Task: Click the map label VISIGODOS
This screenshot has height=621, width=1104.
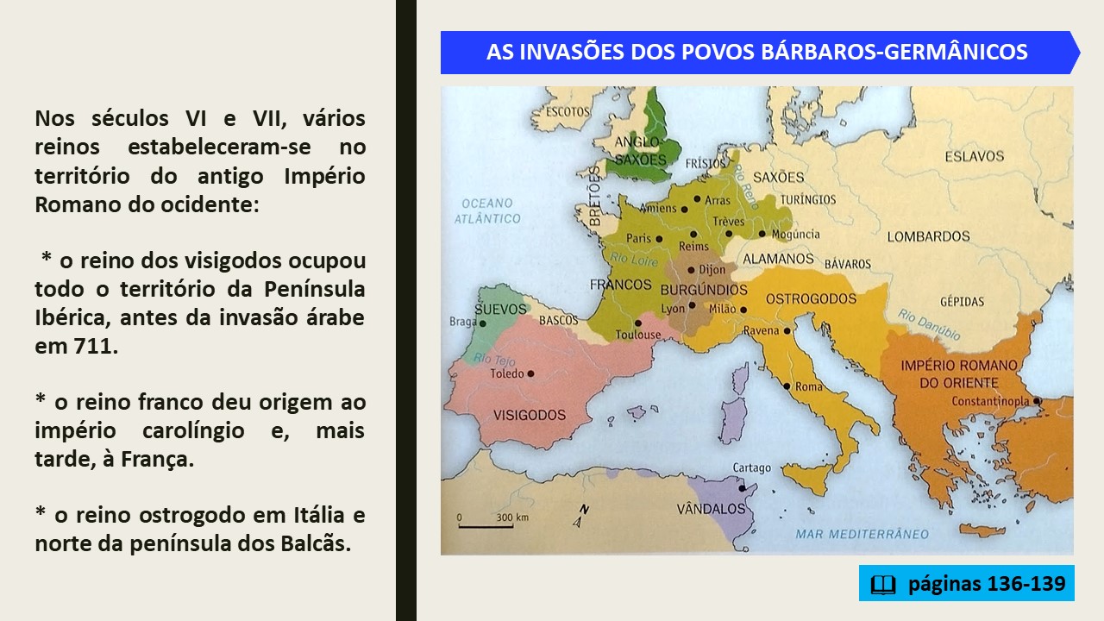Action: (530, 415)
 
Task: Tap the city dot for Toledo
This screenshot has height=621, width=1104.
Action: (530, 373)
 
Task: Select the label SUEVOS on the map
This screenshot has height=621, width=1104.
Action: (500, 309)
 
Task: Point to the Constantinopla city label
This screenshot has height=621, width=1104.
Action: (990, 402)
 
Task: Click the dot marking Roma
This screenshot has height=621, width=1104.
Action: (787, 387)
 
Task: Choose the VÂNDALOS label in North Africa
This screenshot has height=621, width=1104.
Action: (711, 508)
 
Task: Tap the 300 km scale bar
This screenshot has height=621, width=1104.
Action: (486, 527)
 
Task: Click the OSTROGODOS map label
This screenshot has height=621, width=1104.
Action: (811, 298)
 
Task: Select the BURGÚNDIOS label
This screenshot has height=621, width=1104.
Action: (704, 289)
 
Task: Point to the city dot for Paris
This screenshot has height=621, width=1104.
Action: (659, 239)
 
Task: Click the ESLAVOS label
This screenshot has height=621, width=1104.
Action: (975, 156)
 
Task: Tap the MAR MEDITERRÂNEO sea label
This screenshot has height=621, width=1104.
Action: (862, 534)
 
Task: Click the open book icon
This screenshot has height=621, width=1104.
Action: (882, 585)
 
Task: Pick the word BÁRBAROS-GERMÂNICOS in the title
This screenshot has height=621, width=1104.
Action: (894, 52)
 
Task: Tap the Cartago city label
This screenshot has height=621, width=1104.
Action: (751, 467)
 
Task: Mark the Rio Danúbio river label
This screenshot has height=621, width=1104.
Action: (929, 324)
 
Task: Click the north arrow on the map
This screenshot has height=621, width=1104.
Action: (581, 516)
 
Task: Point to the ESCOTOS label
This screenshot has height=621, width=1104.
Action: (568, 112)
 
